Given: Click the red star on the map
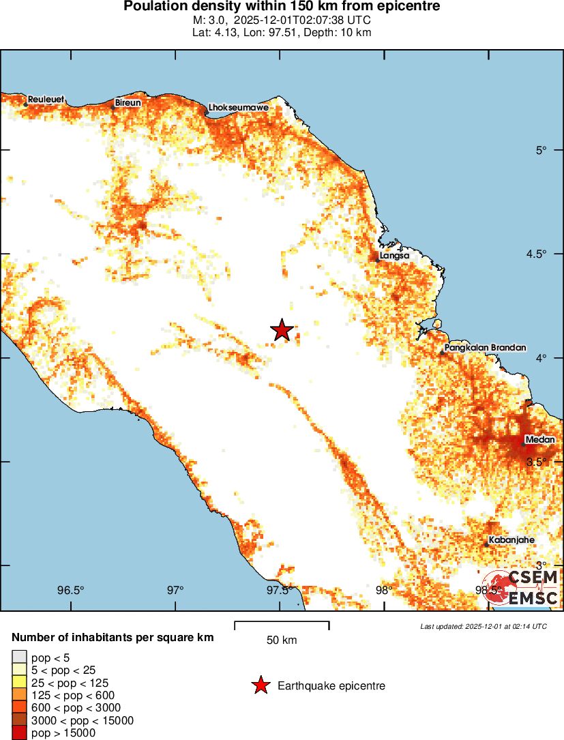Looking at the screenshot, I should (x=282, y=330).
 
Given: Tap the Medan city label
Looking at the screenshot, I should (x=539, y=440).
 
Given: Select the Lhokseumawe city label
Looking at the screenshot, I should (x=239, y=108).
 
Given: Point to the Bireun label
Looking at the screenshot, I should (x=128, y=102).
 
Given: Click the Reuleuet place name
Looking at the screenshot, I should (x=46, y=100).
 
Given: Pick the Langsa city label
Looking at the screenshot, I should (x=395, y=255).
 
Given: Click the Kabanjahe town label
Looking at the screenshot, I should (x=511, y=539).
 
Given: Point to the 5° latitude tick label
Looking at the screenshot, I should (x=541, y=150).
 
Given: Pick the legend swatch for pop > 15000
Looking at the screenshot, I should (x=19, y=733).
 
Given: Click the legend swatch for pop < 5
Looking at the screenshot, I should (x=19, y=657).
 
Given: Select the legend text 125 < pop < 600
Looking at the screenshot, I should (x=73, y=695).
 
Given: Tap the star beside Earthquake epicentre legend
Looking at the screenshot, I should (x=260, y=685).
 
